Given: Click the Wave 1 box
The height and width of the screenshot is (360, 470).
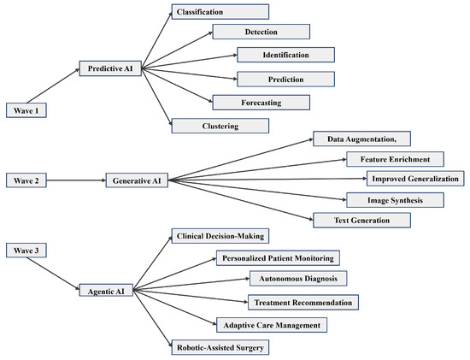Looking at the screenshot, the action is point(26,110).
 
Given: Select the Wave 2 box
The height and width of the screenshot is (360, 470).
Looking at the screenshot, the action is point(26,180).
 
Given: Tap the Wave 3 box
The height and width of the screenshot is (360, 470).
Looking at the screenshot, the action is point(26,251).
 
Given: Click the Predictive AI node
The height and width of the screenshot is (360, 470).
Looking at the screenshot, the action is point(110,68).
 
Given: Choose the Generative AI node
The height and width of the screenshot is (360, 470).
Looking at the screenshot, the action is point(137,180).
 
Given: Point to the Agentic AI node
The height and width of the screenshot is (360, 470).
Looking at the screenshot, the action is point(106,291).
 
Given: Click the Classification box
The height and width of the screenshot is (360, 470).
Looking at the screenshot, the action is point(220,12).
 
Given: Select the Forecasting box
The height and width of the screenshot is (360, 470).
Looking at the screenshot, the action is point(261,103).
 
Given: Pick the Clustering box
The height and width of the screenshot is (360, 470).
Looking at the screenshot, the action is point(220,126).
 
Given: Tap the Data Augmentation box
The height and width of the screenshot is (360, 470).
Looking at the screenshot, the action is point(362,139).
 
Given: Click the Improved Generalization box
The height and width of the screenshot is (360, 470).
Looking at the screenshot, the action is point(415,179).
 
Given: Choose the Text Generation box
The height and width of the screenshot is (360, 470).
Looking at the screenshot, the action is point(362,221).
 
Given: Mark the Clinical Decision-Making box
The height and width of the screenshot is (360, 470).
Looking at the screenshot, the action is point(220,236).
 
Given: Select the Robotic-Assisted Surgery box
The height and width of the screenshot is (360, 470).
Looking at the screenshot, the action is point(220,347).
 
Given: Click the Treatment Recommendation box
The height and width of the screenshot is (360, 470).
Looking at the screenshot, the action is point(303,302).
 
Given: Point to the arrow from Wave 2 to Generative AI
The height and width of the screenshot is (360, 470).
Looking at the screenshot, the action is point(76,180).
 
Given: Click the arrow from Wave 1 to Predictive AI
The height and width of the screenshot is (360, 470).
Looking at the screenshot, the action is point(53,86).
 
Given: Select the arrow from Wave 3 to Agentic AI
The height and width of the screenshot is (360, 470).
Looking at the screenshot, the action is point(53,274).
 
